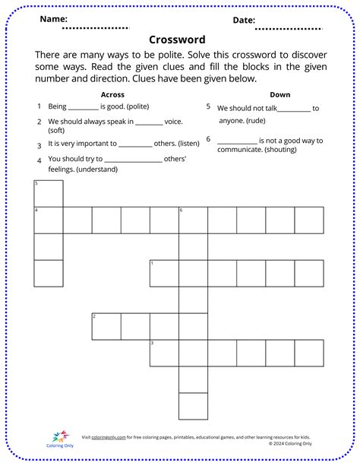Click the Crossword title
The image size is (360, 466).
pos(176,39)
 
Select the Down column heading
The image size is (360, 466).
pos(279,94)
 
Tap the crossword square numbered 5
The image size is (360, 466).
pos(49,194)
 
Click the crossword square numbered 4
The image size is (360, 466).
pos(49,220)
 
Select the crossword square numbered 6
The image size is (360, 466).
pos(193,220)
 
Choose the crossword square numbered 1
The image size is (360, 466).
pos(164,273)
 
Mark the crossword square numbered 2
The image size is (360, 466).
pos(106,326)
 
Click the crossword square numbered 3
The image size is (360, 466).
pos(164,353)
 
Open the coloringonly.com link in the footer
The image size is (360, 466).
pos(109,437)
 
